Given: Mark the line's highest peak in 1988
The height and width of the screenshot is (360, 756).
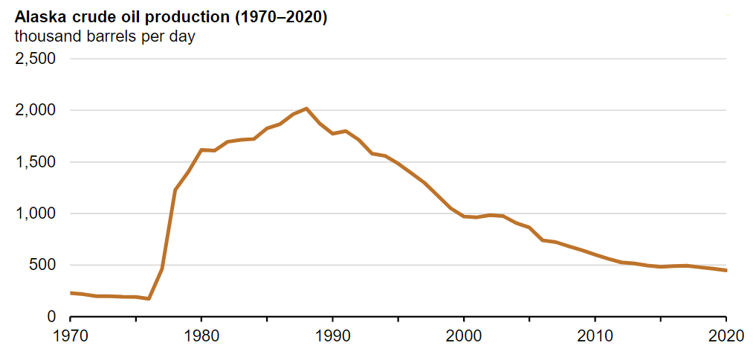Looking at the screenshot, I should point(306,109).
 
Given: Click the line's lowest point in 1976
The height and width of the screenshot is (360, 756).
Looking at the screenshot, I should point(149,299).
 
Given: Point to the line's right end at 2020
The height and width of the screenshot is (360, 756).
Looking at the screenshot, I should point(726,271).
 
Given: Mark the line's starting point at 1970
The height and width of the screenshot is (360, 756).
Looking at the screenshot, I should point(71,293).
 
